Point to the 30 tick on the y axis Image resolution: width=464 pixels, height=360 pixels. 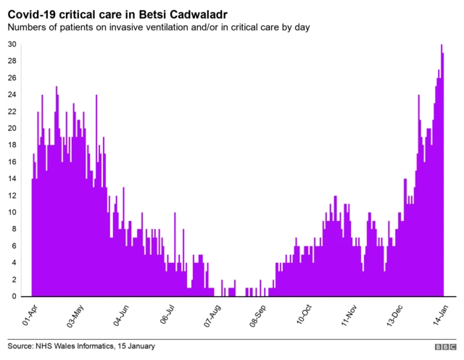(x=12, y=44)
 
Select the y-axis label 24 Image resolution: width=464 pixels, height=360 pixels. (x=12, y=95)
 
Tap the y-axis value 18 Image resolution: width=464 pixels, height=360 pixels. (x=12, y=145)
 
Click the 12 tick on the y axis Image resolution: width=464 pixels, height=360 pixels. (x=12, y=196)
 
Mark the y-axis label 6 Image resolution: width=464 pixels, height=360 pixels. (x=13, y=246)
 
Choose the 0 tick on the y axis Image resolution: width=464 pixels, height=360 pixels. (x=13, y=296)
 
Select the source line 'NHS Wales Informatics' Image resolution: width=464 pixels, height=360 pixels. (x=81, y=346)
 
